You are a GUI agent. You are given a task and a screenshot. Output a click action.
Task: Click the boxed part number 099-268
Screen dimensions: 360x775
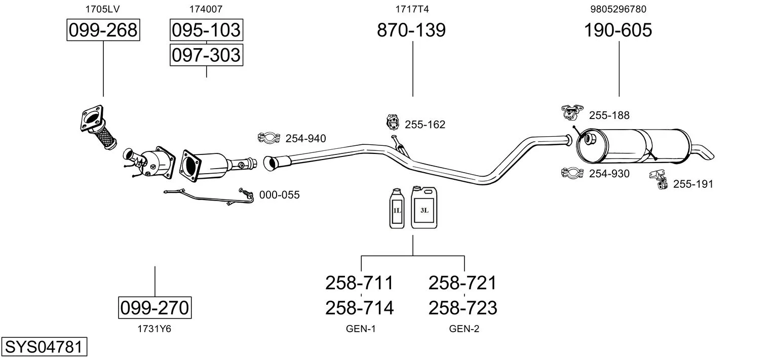103,30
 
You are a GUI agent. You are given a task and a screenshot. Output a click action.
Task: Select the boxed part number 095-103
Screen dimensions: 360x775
206,30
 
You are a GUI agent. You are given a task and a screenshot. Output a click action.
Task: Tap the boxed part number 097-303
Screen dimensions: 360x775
206,55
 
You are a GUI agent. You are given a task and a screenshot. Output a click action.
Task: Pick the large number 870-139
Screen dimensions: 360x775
411,30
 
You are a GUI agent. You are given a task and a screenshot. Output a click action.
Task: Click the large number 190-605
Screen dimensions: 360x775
618,30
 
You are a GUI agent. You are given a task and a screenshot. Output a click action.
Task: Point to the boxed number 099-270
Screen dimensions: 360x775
155,307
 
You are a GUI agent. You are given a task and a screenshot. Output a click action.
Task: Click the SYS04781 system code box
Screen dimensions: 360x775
44,347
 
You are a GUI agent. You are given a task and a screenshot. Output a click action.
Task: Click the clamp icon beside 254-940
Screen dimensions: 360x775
269,138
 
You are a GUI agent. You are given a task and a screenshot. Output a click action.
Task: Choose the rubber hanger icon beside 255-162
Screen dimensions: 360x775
392,122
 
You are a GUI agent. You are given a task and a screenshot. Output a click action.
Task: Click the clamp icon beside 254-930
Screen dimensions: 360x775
572,173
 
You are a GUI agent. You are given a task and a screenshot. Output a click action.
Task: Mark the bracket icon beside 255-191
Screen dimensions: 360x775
658,180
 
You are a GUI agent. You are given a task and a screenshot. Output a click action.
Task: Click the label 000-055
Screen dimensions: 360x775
279,195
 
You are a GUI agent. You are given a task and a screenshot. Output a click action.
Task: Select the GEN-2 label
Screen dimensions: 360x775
464,329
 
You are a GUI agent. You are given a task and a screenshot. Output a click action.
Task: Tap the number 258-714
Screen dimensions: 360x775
359,307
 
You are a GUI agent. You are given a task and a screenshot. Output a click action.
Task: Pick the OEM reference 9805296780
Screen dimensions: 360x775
618,9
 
